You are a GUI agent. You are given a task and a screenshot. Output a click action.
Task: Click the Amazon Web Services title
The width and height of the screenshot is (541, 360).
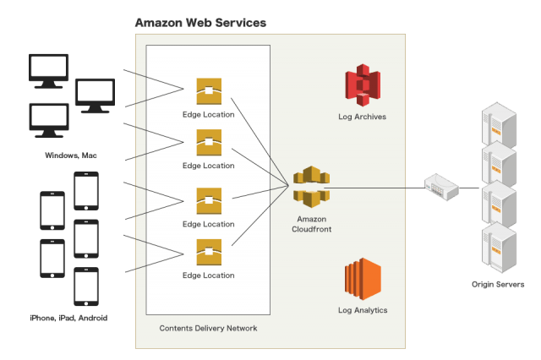[x=201, y=22]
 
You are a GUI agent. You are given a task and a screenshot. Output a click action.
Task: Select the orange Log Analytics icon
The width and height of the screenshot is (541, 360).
[x=362, y=281]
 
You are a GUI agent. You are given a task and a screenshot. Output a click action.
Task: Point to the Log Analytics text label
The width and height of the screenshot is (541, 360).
[x=362, y=310]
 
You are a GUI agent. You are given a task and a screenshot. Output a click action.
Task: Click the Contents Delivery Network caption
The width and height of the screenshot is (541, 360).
[x=208, y=327]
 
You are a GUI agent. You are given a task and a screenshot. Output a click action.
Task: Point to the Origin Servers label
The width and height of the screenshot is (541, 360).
[x=497, y=285]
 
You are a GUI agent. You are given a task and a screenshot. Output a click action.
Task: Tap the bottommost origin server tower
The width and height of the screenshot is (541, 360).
[x=498, y=246]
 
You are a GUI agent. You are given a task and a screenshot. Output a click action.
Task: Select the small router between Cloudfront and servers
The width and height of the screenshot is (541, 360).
[x=440, y=187]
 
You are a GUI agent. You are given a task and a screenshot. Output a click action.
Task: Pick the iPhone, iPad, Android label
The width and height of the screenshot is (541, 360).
[x=68, y=318]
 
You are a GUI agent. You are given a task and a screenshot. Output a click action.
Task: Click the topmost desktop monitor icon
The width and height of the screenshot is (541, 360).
[x=49, y=71]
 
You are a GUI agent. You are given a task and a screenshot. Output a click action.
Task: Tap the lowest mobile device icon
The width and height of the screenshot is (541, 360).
[x=86, y=287]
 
